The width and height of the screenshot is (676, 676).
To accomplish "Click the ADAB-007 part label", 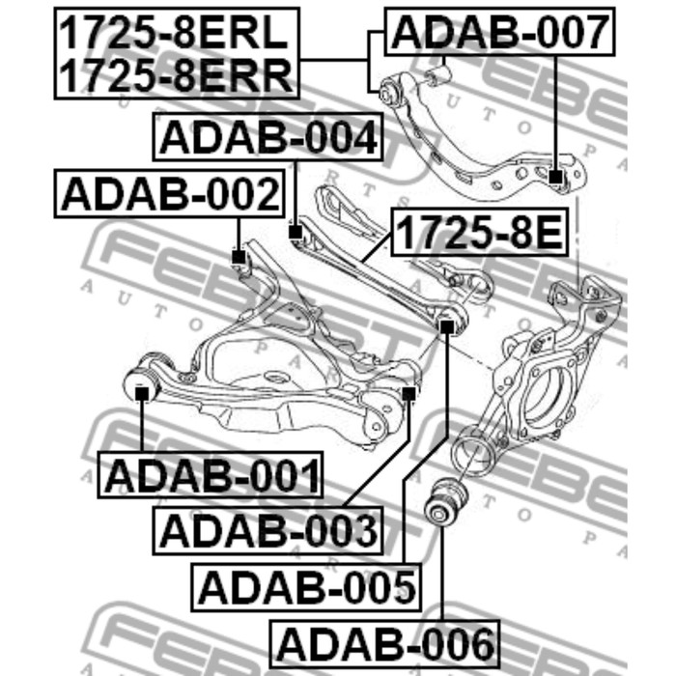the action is click(x=499, y=32).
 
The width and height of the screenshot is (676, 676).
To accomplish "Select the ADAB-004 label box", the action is click(x=268, y=137).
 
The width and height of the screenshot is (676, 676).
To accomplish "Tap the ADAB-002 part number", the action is click(x=169, y=193).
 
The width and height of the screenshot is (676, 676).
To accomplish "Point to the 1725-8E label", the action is click(x=479, y=232).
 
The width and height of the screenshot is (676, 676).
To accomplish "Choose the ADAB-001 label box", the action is click(x=210, y=475).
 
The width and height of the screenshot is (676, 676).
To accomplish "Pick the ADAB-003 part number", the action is click(x=268, y=530).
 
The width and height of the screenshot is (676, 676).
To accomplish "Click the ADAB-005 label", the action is click(x=306, y=587).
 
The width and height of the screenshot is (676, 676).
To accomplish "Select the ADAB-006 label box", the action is click(x=384, y=644).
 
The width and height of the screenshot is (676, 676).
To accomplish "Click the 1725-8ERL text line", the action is click(x=174, y=32).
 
